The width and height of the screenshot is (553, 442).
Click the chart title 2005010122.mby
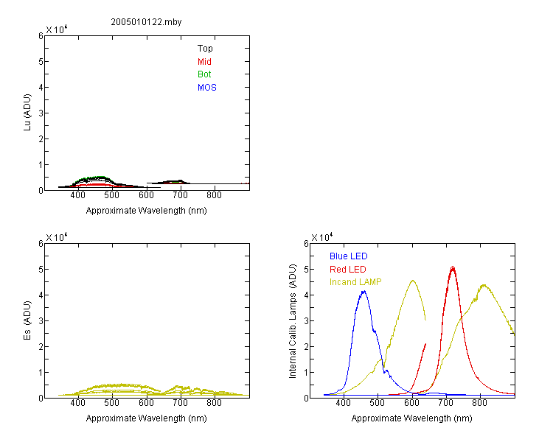[x=146, y=22]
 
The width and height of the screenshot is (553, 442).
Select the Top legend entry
[x=205, y=49]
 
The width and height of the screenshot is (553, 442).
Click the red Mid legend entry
[x=204, y=62]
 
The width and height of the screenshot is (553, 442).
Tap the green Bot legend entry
[x=204, y=74]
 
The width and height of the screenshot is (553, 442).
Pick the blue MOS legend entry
[x=207, y=88]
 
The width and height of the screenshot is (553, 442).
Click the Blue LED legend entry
[x=349, y=256]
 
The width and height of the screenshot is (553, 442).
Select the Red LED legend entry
[x=348, y=270]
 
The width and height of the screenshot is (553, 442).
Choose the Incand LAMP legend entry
[x=355, y=282]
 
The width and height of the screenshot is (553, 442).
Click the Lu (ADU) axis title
[x=27, y=113]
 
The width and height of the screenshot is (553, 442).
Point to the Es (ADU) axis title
[x=27, y=320]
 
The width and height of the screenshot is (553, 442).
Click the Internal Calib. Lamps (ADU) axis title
[x=293, y=321]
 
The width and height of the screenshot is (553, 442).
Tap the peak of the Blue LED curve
[x=364, y=291]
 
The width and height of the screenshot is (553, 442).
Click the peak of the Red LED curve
[x=453, y=267]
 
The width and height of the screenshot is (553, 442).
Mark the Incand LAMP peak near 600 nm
[x=413, y=281]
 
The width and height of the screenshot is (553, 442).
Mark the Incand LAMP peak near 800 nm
[x=484, y=285]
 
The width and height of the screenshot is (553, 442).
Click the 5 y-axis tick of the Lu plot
[x=41, y=62]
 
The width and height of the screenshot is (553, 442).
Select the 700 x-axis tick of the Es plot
[x=180, y=403]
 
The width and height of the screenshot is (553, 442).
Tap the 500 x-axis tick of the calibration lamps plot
[x=378, y=403]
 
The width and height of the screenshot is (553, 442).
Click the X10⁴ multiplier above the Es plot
[x=57, y=237]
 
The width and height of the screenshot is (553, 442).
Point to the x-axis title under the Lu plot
[x=147, y=211]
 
